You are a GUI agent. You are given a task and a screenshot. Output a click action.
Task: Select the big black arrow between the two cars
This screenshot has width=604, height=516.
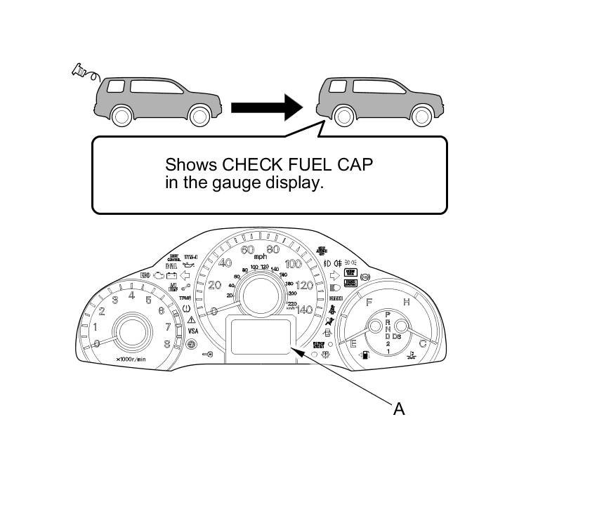[267, 107]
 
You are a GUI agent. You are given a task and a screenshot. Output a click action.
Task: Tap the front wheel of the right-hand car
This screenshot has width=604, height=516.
[421, 115]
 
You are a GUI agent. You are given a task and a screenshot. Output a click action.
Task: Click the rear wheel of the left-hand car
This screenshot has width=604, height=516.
[123, 115]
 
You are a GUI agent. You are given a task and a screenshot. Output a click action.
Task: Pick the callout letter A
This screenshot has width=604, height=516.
[399, 409]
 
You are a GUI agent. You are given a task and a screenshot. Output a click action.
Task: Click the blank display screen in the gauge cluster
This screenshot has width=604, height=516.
[259, 335]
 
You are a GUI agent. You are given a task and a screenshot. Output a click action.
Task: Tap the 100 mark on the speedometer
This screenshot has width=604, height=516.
[293, 264]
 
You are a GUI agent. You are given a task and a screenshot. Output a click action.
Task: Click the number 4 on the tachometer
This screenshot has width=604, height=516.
[131, 296]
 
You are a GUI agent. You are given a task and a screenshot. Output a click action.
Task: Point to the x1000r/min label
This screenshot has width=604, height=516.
[131, 359]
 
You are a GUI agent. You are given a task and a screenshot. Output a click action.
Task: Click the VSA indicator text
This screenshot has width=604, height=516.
[192, 331]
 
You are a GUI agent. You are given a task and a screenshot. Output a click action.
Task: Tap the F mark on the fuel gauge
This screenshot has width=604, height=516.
[368, 302]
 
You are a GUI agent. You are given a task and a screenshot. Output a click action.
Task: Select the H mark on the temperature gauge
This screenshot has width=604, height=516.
[406, 302]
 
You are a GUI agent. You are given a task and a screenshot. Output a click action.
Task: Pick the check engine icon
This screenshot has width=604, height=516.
[158, 276]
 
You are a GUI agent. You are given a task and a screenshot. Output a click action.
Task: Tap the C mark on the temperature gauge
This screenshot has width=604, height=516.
[423, 343]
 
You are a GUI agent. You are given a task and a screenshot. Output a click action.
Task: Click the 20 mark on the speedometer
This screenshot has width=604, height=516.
[215, 285]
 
